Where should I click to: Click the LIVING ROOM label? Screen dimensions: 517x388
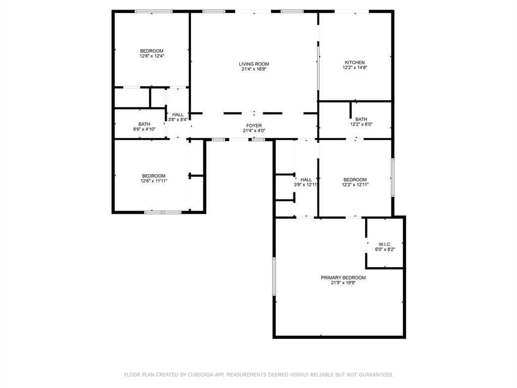(254, 64)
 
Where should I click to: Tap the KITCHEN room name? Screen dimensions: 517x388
(354, 63)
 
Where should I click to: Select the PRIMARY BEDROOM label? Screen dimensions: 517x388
(343, 278)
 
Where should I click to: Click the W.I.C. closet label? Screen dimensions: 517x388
(385, 245)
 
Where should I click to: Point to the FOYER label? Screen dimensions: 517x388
(254, 126)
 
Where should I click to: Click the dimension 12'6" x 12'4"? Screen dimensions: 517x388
(151, 56)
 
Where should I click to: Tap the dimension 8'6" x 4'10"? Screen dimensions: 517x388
(144, 129)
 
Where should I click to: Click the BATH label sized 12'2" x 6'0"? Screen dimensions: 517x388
(361, 119)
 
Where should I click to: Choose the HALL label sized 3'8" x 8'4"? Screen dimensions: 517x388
(178, 115)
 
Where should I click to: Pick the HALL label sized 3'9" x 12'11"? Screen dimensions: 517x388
(306, 180)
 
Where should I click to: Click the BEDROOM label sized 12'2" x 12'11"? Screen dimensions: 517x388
(355, 180)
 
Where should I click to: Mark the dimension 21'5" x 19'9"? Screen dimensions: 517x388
(343, 283)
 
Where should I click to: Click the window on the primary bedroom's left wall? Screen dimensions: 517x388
(274, 276)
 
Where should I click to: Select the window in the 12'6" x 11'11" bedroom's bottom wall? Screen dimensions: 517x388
(163, 212)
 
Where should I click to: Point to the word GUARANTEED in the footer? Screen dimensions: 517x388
(374, 375)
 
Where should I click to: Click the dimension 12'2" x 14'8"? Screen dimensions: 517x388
(354, 68)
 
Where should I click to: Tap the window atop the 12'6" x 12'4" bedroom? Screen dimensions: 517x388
(153, 11)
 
